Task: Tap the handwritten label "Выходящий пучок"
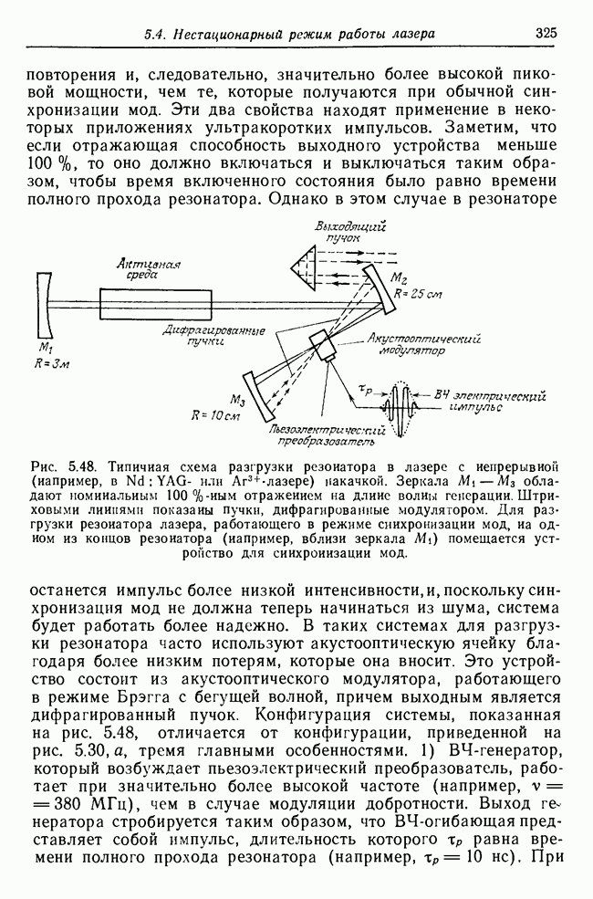pos(351,232)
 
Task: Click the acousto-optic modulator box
pos(324,345)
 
